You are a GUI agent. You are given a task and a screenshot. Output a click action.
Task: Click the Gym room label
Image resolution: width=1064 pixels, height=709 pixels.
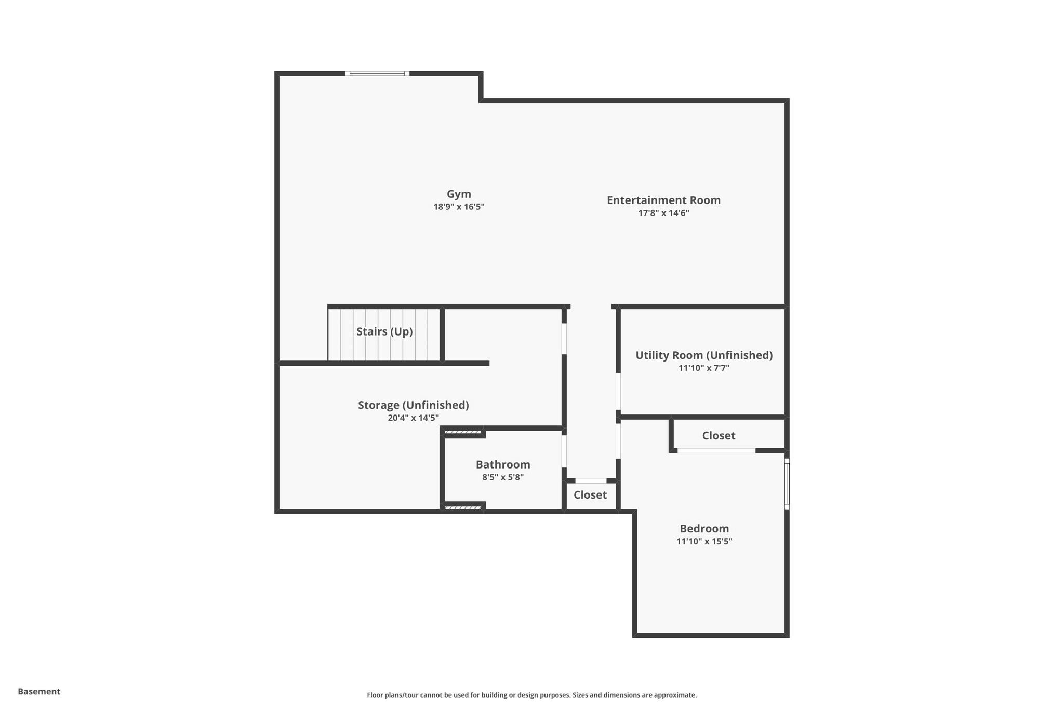pyautogui.click(x=459, y=194)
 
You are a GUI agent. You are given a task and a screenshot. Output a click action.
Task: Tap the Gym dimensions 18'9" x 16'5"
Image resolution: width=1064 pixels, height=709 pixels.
pyautogui.click(x=459, y=207)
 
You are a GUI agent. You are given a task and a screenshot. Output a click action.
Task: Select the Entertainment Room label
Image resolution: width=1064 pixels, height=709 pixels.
pyautogui.click(x=663, y=200)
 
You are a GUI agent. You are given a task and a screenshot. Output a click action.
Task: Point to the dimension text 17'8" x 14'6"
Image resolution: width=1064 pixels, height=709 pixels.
pyautogui.click(x=663, y=213)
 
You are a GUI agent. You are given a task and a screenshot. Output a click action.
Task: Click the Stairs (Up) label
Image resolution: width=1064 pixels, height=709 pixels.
pyautogui.click(x=384, y=331)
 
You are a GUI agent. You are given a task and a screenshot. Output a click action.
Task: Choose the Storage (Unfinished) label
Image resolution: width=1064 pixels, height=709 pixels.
pyautogui.click(x=413, y=405)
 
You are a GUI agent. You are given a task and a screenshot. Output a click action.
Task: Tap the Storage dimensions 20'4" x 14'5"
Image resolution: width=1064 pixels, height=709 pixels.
pyautogui.click(x=413, y=418)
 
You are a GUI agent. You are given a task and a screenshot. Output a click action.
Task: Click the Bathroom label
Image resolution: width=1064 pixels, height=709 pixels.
pyautogui.click(x=503, y=464)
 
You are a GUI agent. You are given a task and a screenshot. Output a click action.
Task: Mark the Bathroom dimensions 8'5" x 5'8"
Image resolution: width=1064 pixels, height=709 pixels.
pyautogui.click(x=503, y=477)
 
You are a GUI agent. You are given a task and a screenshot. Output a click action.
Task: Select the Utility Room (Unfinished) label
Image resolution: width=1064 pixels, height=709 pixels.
pyautogui.click(x=704, y=355)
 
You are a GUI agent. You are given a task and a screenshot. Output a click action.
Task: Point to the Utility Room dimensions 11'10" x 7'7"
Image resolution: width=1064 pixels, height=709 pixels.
pyautogui.click(x=704, y=368)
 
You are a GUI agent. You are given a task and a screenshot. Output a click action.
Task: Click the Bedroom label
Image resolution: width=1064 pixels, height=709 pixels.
pyautogui.click(x=704, y=528)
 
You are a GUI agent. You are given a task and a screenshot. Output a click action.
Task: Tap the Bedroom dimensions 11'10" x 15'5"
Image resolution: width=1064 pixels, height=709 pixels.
pyautogui.click(x=704, y=541)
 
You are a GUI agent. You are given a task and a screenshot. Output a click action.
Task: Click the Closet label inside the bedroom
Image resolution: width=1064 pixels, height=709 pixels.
pyautogui.click(x=719, y=435)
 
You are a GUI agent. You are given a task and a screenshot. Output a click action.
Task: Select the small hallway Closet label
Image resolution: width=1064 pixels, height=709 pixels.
pyautogui.click(x=590, y=494)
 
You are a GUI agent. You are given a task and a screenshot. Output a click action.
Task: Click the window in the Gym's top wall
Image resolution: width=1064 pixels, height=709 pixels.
pyautogui.click(x=377, y=74)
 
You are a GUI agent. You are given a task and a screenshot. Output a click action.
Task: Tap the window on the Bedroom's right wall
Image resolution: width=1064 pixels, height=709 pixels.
pyautogui.click(x=787, y=484)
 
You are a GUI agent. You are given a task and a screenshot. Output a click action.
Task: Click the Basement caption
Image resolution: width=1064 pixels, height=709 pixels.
pyautogui.click(x=39, y=691)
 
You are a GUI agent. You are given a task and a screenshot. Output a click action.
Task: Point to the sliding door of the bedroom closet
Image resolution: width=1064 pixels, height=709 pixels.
pyautogui.click(x=716, y=451)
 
